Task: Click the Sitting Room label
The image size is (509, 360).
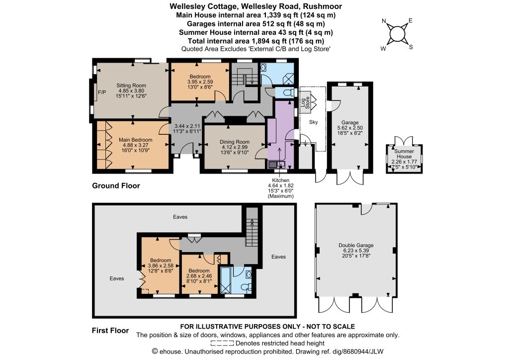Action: tap(131, 86)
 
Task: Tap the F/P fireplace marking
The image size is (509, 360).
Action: tap(102, 92)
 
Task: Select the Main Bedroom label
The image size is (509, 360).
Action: tap(135, 140)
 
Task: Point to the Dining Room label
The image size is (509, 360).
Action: tap(235, 142)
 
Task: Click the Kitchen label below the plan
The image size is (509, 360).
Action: tap(280, 180)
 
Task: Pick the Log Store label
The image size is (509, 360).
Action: tap(306, 102)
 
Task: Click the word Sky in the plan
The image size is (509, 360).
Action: tap(313, 122)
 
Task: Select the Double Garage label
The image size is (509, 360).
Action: tap(356, 246)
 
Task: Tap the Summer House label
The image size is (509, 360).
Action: tap(404, 154)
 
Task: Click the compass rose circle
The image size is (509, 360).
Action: tap(397, 34)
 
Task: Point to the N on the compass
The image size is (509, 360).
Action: tap(384, 21)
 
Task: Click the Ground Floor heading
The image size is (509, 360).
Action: tap(116, 185)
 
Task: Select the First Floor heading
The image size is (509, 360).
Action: tap(110, 331)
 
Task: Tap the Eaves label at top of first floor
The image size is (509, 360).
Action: tap(180, 217)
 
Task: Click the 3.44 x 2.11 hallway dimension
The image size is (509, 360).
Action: tap(187, 126)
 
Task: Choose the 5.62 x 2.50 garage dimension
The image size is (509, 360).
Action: tap(350, 128)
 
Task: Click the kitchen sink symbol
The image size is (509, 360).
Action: tap(276, 164)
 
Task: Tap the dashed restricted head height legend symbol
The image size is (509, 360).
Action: tap(222, 343)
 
